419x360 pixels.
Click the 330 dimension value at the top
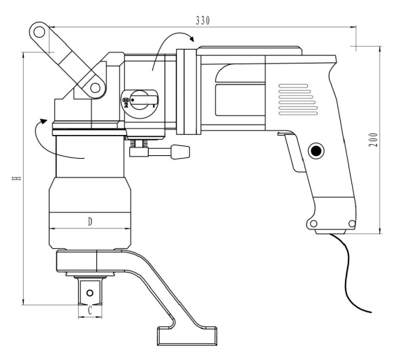203,20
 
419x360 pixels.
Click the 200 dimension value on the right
374,140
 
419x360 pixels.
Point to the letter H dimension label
17,178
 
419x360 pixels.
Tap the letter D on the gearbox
90,222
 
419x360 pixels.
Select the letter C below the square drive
90,310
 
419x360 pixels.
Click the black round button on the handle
316,151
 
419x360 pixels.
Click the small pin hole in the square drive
90,293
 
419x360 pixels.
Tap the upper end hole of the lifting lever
39,32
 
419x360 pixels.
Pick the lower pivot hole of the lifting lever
95,87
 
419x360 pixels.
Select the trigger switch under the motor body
293,152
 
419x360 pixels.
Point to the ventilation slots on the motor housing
298,100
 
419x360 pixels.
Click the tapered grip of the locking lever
180,152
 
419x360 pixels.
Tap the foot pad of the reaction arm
186,336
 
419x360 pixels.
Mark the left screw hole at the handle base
314,223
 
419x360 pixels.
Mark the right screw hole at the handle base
352,223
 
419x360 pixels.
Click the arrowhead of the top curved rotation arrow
191,38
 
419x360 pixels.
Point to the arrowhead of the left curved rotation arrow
43,122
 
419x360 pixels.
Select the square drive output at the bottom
90,291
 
